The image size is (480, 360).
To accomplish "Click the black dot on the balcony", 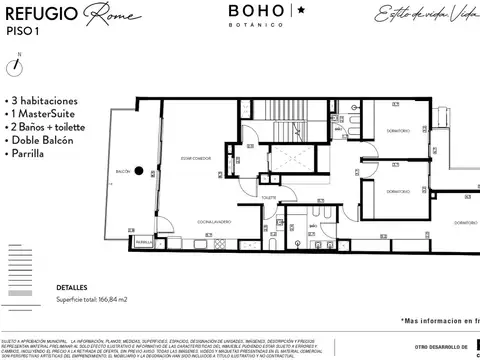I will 139,169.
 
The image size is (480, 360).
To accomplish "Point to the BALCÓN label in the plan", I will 123,170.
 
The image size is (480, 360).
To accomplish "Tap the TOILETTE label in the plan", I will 268,198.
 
